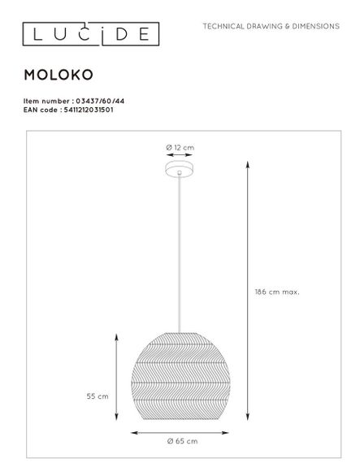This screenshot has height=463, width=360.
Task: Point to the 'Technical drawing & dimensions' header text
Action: pyautogui.click(x=271, y=26)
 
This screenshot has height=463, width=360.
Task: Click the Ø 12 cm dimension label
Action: pyautogui.click(x=180, y=146)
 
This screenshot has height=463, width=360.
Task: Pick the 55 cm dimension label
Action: pyautogui.click(x=98, y=396)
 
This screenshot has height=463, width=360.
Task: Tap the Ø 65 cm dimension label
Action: pyautogui.click(x=181, y=441)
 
